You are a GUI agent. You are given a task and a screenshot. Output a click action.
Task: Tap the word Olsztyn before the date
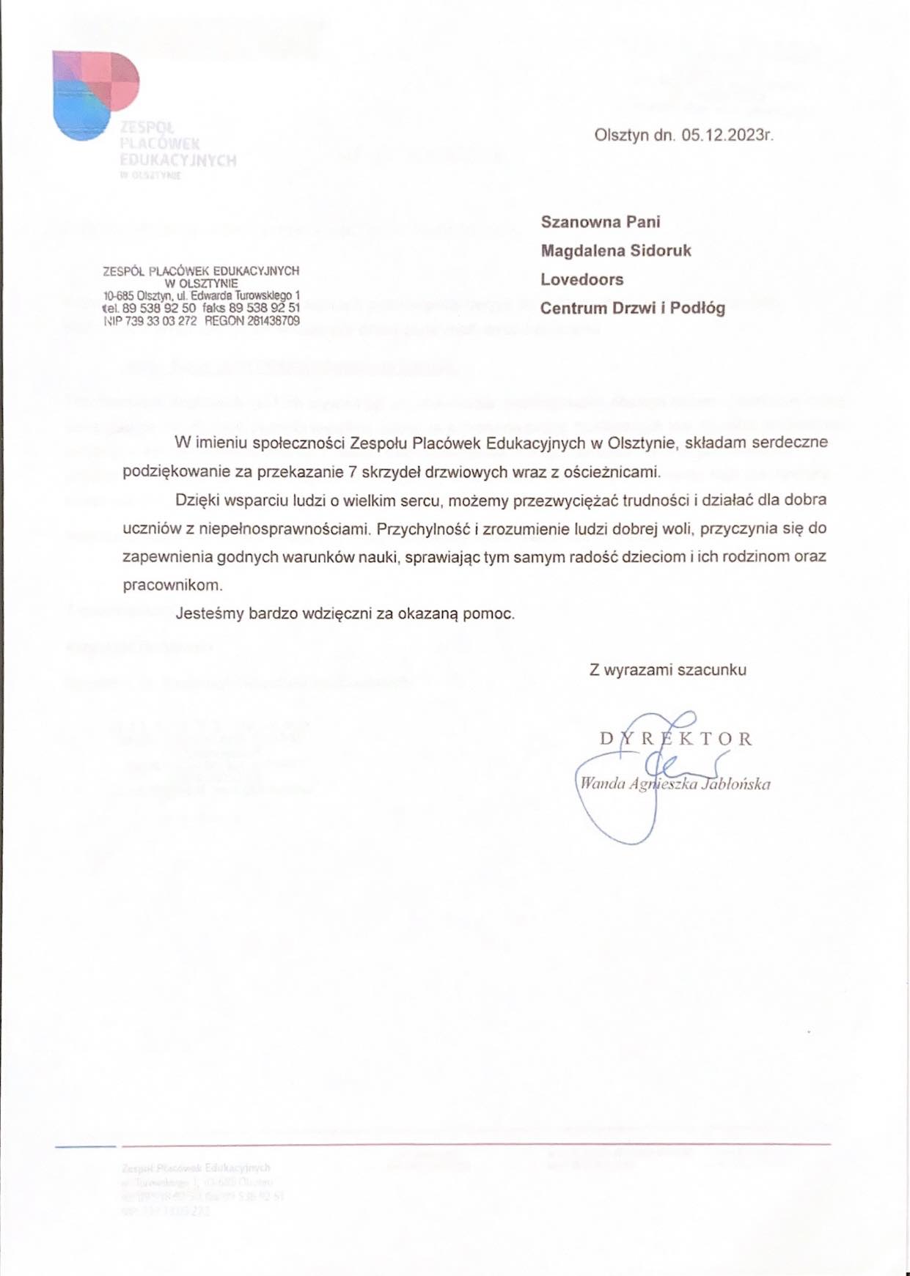621,136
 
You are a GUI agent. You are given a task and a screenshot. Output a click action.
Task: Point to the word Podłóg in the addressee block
697,308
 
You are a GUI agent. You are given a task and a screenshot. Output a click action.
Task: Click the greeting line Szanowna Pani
600,222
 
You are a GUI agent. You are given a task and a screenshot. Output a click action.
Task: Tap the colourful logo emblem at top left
95,92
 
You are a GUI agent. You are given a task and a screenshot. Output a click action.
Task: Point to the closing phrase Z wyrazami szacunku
667,669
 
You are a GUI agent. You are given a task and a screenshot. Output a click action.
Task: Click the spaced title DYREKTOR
675,738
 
